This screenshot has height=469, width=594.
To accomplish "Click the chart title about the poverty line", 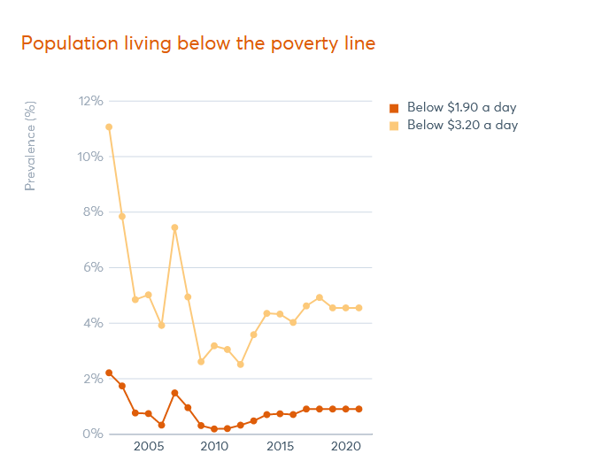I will pyautogui.click(x=198, y=43).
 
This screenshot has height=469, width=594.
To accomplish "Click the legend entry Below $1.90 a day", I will pyautogui.click(x=461, y=108).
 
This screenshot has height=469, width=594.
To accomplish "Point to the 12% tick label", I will pyautogui.click(x=90, y=101).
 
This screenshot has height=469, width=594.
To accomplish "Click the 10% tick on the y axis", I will pyautogui.click(x=90, y=157).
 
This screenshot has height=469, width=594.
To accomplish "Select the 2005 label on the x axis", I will pyautogui.click(x=148, y=448).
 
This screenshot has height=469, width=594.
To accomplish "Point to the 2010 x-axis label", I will pyautogui.click(x=214, y=448).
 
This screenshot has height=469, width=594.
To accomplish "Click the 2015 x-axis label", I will pyautogui.click(x=280, y=448).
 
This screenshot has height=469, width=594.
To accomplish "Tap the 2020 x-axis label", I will pyautogui.click(x=345, y=448).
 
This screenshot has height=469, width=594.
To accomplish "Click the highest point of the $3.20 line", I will pyautogui.click(x=109, y=127).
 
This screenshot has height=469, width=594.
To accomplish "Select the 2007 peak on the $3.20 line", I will pyautogui.click(x=174, y=227).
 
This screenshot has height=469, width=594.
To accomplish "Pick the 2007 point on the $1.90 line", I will pyautogui.click(x=174, y=393).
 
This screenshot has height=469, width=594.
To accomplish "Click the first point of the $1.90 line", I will pyautogui.click(x=109, y=373).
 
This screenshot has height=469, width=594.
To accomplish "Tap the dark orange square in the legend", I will pyautogui.click(x=395, y=108).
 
